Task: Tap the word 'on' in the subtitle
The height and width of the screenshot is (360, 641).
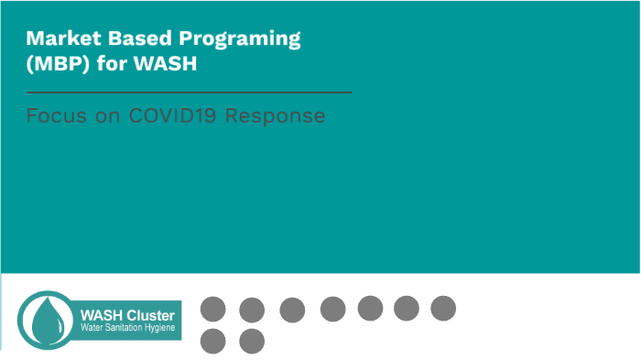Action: point(103,116)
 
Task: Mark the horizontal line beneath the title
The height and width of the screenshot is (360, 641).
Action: point(188,93)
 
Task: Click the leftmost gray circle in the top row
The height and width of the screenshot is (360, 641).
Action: point(212,310)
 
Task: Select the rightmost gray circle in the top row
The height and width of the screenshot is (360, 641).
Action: point(443,309)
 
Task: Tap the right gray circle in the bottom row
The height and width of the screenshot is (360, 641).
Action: point(252,341)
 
